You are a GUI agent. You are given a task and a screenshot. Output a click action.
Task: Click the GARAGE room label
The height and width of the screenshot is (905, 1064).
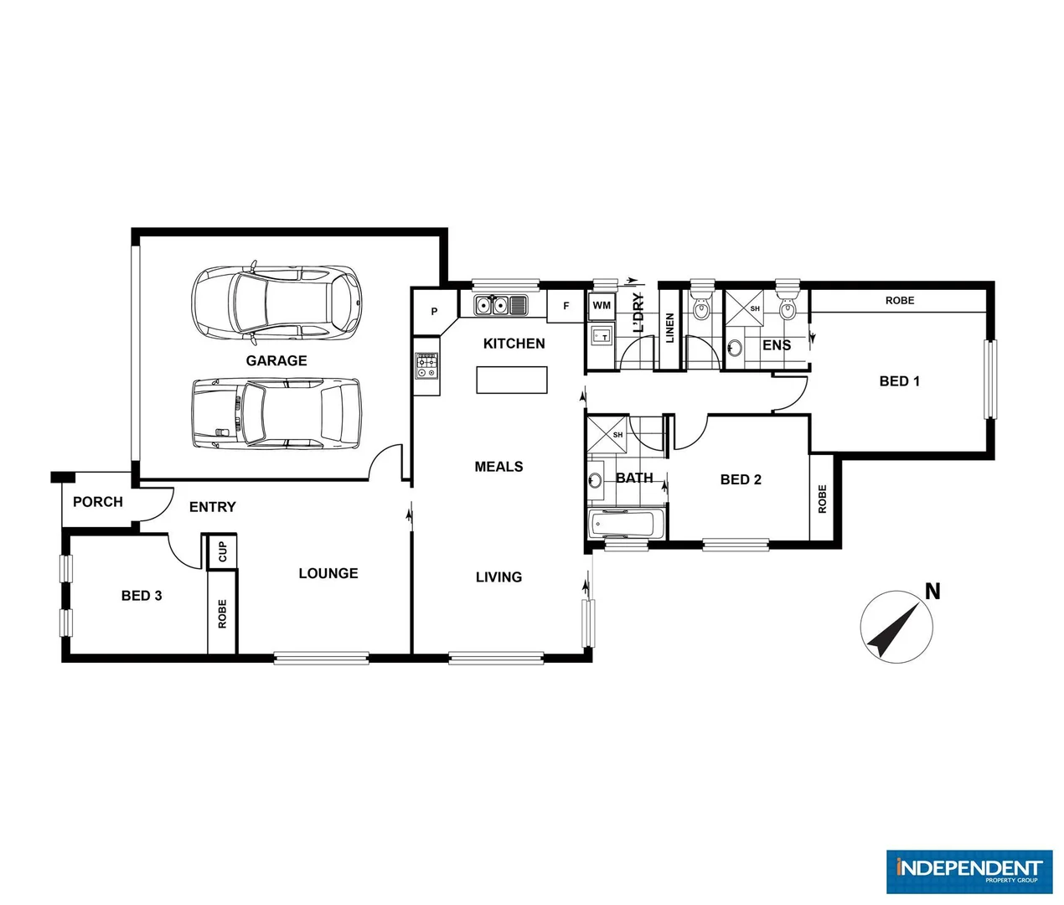276,360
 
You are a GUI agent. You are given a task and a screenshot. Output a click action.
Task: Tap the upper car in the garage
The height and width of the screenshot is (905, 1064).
276,303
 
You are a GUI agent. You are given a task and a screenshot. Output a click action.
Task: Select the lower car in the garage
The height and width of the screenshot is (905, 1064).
276,413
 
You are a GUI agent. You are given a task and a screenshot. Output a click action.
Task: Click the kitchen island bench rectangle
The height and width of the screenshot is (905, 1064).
512,380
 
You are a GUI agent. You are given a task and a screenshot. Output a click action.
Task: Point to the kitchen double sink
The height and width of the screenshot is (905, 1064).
500,305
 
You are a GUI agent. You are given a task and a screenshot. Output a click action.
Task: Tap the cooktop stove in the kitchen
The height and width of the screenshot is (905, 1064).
426,366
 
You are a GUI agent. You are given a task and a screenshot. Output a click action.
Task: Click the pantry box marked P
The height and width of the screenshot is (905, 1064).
434,312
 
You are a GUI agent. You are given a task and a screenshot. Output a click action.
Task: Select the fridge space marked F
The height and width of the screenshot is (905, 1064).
566,306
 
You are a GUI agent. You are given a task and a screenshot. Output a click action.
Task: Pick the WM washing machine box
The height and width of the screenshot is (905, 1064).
602,306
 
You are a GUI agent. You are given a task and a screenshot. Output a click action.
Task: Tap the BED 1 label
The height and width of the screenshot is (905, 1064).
899,381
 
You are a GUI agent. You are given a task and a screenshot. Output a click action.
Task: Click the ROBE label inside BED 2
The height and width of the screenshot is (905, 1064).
822,499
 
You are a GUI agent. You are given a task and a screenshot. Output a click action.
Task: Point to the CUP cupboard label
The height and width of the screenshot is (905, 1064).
222,552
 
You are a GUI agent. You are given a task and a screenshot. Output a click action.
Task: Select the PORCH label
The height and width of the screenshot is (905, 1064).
98,502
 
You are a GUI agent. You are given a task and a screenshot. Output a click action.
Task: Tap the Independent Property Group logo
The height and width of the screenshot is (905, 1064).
968,871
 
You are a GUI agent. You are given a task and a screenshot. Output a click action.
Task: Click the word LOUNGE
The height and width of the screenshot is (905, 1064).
328,573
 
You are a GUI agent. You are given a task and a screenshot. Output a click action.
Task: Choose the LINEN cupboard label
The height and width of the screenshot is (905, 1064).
669,328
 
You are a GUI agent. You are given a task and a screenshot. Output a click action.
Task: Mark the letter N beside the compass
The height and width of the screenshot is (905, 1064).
932,592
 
